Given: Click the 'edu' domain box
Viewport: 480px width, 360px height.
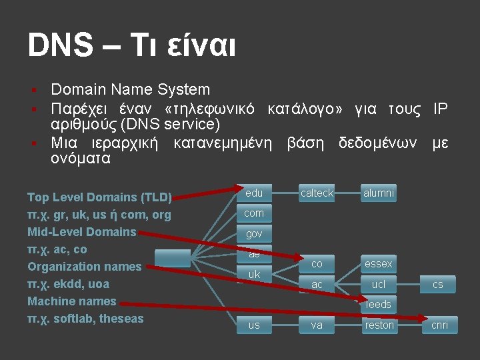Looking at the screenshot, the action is (x=254, y=193).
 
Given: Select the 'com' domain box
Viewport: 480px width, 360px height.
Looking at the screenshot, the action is (x=254, y=213).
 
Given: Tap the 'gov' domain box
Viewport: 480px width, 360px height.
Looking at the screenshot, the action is (x=254, y=234).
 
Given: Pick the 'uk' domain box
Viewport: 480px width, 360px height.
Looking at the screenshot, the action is (x=254, y=274).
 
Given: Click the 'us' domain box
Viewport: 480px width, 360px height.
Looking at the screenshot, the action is (x=254, y=325).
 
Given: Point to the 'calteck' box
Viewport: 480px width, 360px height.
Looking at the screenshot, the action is (x=317, y=193).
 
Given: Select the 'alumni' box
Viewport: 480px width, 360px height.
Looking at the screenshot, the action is (x=379, y=193).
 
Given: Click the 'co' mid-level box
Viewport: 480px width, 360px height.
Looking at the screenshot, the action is (x=317, y=264).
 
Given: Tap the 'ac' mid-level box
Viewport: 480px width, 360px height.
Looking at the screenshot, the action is (x=317, y=285).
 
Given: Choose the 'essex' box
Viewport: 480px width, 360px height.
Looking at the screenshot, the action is (x=379, y=264).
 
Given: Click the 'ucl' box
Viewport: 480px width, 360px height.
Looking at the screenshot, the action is (x=379, y=285).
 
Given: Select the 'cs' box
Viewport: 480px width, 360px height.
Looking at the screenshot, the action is (x=438, y=285).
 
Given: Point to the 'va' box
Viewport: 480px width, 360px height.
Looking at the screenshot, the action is (x=317, y=325).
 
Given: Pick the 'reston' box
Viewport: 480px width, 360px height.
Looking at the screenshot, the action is (x=379, y=325).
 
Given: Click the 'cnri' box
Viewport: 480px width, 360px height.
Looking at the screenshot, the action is (x=440, y=325).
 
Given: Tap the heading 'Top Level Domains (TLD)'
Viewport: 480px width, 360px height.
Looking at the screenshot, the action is (x=99, y=197).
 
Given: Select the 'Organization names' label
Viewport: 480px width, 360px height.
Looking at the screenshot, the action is (x=84, y=267).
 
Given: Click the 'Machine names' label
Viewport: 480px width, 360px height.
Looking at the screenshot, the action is (x=71, y=301).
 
